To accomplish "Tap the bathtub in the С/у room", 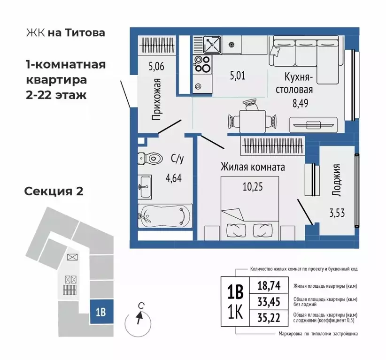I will click(x=164, y=216).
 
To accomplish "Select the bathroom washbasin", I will click(x=144, y=186).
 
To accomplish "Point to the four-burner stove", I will click(x=202, y=64).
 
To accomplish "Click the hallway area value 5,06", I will click(x=156, y=66).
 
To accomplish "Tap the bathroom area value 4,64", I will click(x=176, y=177).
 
